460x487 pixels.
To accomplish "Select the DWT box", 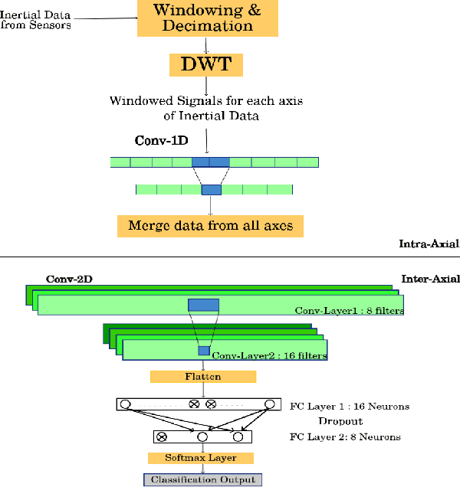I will (x=205, y=64).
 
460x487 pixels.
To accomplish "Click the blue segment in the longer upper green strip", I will (x=210, y=162).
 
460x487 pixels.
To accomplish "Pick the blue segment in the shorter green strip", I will (x=211, y=189).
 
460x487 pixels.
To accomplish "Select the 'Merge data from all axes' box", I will (x=210, y=226).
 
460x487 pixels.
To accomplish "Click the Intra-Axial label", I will (x=429, y=244).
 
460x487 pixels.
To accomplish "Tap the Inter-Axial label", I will (x=430, y=279).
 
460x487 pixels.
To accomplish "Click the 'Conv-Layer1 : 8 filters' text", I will (x=349, y=311).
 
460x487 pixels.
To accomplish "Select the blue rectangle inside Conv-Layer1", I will (x=203, y=305).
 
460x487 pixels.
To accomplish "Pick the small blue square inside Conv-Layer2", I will (x=204, y=351).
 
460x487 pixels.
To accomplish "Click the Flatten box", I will (x=202, y=377).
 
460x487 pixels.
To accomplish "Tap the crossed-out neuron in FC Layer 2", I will (x=162, y=437).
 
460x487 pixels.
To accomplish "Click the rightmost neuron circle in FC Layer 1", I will (x=269, y=404).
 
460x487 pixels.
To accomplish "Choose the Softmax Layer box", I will (x=201, y=458).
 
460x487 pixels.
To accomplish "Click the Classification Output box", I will (x=203, y=479).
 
